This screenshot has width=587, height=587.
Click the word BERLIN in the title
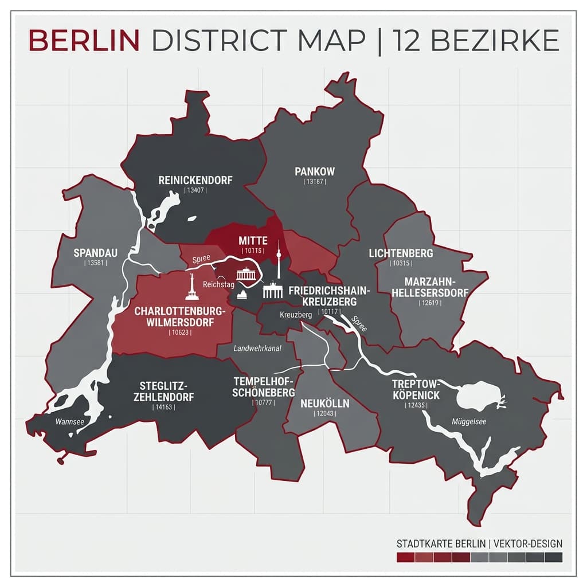click(x=84, y=40)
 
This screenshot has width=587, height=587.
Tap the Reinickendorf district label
click(x=195, y=180)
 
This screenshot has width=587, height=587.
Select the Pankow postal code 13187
click(x=314, y=182)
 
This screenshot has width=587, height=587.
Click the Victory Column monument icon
click(x=191, y=287)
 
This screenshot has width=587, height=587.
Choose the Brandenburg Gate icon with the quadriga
click(x=246, y=274)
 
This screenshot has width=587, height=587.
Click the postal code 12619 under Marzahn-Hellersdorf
click(x=430, y=303)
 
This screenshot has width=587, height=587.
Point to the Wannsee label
click(x=70, y=421)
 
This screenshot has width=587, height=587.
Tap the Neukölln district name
click(x=324, y=403)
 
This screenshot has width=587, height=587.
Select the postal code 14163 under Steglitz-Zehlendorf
click(x=163, y=407)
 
